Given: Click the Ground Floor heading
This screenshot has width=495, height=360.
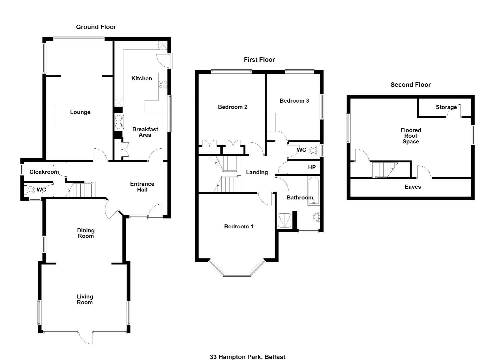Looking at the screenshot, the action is point(96,27).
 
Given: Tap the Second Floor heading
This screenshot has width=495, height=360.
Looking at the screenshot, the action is point(410,85).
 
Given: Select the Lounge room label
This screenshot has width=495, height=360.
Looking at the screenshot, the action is point(80,112).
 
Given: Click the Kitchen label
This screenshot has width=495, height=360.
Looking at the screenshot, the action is point(142,78).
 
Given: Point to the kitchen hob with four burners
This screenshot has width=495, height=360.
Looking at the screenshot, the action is point(163,84).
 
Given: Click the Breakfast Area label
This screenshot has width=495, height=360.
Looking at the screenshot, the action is point(145,132).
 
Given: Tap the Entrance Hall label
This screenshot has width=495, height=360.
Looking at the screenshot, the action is point(142,187).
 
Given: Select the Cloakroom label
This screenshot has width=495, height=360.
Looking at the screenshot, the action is point(44,172).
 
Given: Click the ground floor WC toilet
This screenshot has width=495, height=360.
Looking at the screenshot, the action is point(30,190).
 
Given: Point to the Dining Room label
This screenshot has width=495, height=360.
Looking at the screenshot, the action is point(86,233).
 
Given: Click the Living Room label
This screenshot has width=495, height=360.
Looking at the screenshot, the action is point(85,299).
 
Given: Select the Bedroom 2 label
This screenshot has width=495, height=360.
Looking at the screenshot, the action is point(233,107).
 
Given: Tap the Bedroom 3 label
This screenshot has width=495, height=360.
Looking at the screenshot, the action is point(294,101).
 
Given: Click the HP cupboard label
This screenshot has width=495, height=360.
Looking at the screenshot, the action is point(312,167).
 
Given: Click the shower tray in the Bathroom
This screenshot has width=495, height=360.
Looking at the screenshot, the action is point(285,220).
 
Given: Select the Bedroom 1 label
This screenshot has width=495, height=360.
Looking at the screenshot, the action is point(239,227).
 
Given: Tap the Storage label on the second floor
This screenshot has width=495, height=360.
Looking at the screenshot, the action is point(446,107).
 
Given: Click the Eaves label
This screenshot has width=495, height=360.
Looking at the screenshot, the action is point(413,187).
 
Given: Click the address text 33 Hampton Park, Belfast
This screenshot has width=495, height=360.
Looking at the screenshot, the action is point(247,357).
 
